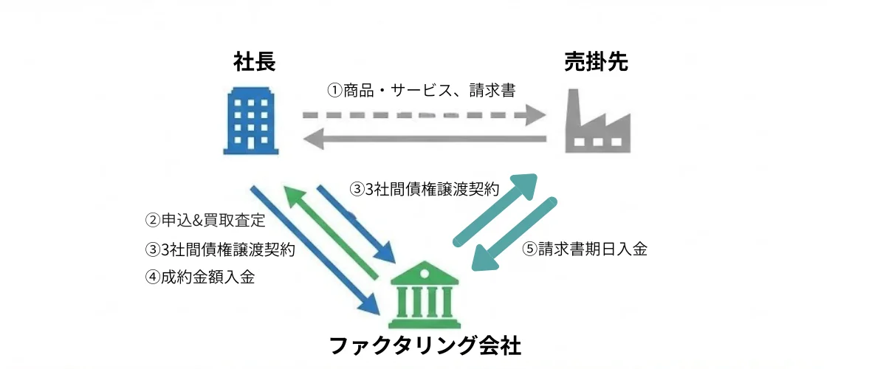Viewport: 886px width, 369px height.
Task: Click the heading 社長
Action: coord(254,63)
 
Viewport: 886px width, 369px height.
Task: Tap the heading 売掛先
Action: coord(596,63)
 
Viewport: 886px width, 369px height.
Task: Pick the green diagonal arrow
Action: coord(333,231)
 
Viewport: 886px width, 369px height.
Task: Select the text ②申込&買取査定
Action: coord(205,220)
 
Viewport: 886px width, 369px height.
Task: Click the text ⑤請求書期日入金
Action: coord(584,249)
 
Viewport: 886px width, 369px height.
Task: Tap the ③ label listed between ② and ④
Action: coord(219,249)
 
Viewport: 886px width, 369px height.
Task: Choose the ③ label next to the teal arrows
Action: coord(424,189)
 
